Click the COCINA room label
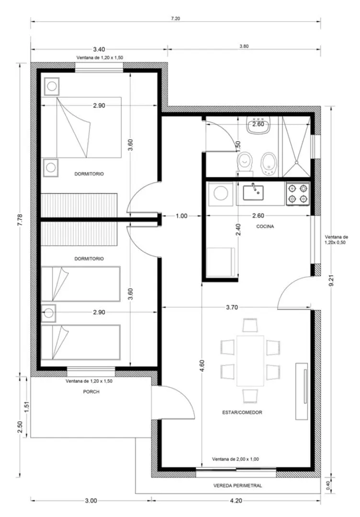265,226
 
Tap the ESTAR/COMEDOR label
242,413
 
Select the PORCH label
91,392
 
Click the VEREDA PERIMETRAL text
238,485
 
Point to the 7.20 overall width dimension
175,19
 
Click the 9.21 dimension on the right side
332,281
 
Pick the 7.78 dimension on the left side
20,220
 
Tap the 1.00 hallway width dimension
181,216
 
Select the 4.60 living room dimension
202,366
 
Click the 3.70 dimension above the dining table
232,307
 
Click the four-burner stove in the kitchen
298,194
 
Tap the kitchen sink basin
253,192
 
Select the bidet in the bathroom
268,163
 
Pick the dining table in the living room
250,361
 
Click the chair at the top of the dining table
250,325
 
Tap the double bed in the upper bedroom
81,127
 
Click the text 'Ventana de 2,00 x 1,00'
236,459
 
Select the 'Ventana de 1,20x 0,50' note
336,240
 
